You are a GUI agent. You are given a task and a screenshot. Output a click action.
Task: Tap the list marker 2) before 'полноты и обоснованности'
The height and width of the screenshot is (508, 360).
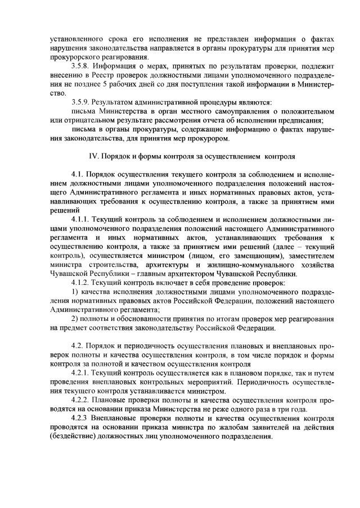[75, 319]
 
